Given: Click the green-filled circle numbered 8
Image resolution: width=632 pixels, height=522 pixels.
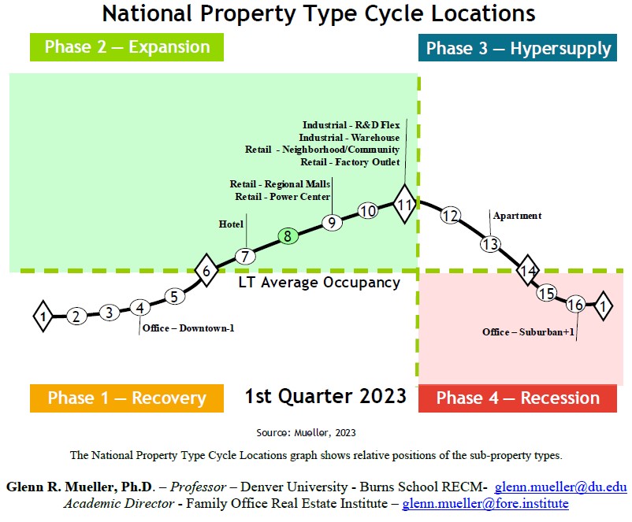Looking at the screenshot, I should pos(288,236).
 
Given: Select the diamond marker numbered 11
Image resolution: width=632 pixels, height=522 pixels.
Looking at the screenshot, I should pos(404,205).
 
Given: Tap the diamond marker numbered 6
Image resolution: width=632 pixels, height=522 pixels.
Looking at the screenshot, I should pos(206,272).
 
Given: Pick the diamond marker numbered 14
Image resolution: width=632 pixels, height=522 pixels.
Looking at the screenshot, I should pos(528,271).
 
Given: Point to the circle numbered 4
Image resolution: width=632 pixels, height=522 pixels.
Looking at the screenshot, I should pos(139,308).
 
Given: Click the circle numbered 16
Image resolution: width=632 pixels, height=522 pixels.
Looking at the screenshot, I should pos(575,305).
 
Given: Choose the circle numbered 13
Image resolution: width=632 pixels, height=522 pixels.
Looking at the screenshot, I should pos(490,244).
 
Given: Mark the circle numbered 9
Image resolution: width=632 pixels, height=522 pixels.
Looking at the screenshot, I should pos(332,223).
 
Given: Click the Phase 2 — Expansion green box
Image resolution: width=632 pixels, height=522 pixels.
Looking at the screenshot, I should pos(127,47).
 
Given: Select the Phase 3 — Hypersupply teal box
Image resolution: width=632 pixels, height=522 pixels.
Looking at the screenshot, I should pos(518,49).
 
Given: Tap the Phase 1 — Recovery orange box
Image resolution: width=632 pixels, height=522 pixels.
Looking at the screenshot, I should pos(127,398).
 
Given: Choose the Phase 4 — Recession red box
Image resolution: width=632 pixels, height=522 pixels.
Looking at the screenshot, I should pos(518,398).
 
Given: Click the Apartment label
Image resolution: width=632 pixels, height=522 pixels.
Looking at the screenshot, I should pos(517,216).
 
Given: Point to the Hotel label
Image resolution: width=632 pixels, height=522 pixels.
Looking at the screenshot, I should pos(231,224).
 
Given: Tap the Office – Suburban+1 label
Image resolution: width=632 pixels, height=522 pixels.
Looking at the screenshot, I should pos(526,332).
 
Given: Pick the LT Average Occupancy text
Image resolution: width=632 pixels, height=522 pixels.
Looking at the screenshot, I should pos(319,283).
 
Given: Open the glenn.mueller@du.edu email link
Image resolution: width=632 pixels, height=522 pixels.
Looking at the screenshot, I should pos(560,487).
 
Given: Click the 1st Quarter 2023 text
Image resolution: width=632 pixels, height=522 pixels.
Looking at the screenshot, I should pos(325,395).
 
